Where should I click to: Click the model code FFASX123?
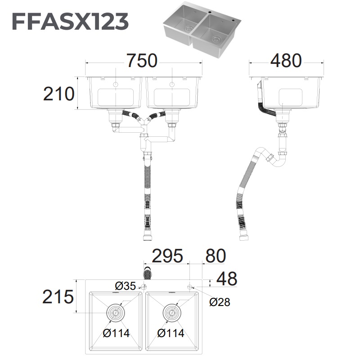(70, 21)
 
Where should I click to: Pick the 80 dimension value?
(215, 256)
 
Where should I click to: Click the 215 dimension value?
(58, 297)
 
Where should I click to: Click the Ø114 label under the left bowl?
(116, 333)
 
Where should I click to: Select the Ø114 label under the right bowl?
(171, 333)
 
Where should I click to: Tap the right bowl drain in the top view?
(171, 312)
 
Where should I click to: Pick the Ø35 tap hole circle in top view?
(144, 287)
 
